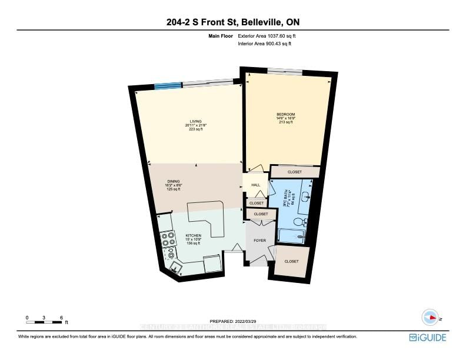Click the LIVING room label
(x=188, y=121)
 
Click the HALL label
(x=255, y=185)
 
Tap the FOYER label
(x=259, y=241)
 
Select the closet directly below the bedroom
(x=294, y=172)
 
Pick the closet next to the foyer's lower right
(x=291, y=261)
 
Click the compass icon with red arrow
(x=431, y=316)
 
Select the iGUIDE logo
(x=428, y=337)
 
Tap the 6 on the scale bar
(x=61, y=318)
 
